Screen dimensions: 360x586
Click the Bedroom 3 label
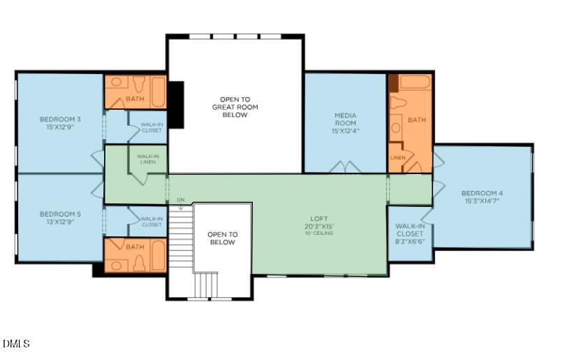pyautogui.click(x=59, y=120)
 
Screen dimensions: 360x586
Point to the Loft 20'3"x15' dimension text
pyautogui.click(x=318, y=226)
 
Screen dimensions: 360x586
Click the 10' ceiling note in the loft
pyautogui.click(x=318, y=233)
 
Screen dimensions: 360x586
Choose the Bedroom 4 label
pyautogui.click(x=481, y=193)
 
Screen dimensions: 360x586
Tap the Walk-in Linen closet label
pyautogui.click(x=147, y=159)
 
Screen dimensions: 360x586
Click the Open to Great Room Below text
pyautogui.click(x=235, y=107)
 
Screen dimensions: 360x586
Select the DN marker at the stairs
pyautogui.click(x=180, y=201)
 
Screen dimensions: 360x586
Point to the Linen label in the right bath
pyautogui.click(x=397, y=158)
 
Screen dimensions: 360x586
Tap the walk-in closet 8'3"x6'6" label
pyautogui.click(x=409, y=234)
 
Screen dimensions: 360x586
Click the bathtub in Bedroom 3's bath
pyautogui.click(x=158, y=91)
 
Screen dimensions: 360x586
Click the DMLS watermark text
pyautogui.click(x=16, y=343)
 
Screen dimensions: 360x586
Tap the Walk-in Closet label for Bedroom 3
pyautogui.click(x=152, y=127)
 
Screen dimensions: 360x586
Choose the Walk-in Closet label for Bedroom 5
pyautogui.click(x=152, y=222)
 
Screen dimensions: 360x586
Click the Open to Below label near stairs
pyautogui.click(x=222, y=238)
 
